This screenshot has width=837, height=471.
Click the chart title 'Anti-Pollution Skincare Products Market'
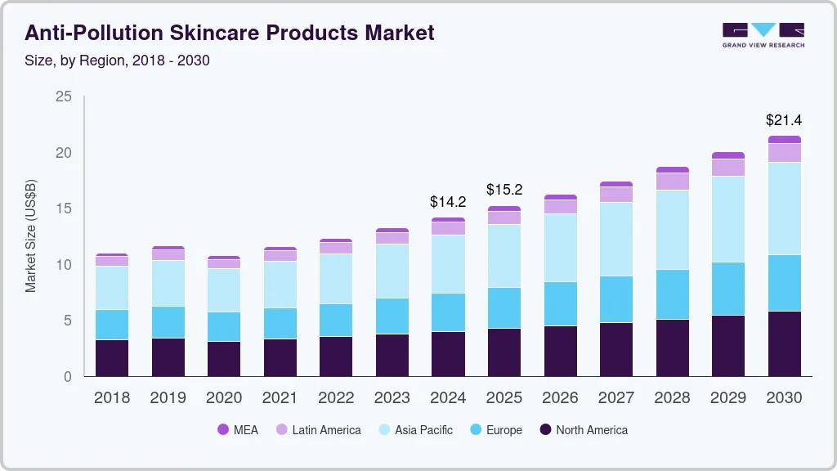click(230, 33)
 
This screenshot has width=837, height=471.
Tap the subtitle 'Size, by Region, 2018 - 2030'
click(117, 61)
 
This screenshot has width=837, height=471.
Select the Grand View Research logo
click(763, 34)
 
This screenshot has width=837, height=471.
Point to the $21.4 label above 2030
click(784, 120)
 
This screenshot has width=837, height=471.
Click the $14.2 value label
click(448, 201)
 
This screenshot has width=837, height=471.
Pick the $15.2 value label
click(504, 190)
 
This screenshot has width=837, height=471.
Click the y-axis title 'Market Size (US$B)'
click(31, 235)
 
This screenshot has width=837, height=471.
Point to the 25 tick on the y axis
click(64, 96)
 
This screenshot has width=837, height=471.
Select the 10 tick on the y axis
click(64, 265)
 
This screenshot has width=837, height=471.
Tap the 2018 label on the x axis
click(111, 398)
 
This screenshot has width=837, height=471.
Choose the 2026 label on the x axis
click(560, 398)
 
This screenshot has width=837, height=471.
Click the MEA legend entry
click(238, 430)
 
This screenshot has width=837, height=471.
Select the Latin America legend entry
click(318, 430)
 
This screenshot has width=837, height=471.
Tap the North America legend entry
click(583, 430)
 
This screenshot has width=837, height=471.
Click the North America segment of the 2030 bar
click(784, 343)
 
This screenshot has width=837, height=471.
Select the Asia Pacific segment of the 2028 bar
click(672, 230)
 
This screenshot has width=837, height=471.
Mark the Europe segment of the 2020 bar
click(223, 326)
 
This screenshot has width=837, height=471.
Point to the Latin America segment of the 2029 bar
click(728, 167)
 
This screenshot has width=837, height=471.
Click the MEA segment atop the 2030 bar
click(784, 139)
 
